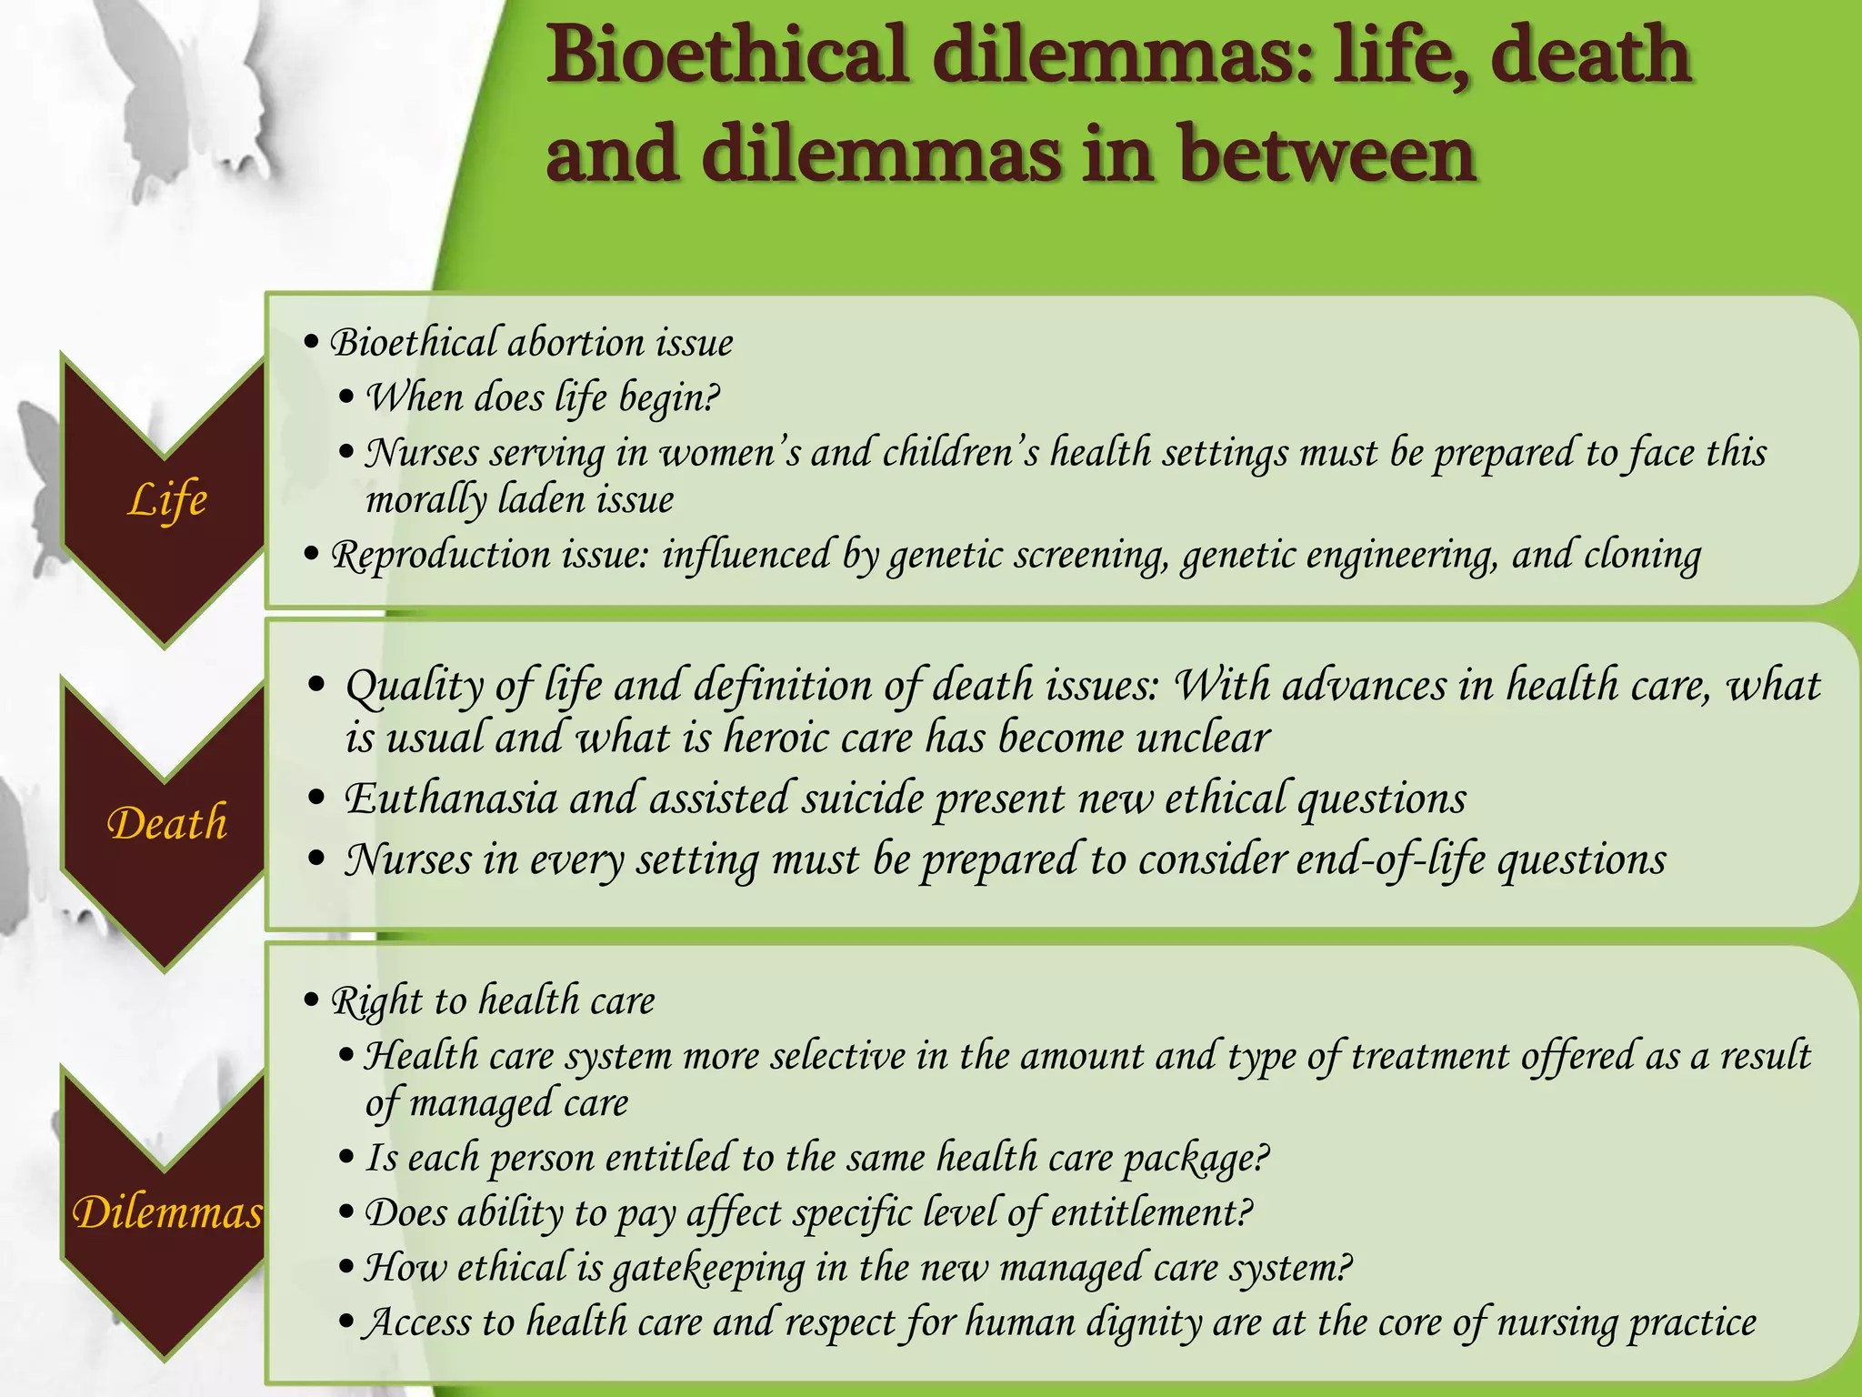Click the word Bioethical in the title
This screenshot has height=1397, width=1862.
(x=727, y=56)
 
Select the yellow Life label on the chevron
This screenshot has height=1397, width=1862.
(x=167, y=500)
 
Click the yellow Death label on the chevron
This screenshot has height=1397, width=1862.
(x=167, y=823)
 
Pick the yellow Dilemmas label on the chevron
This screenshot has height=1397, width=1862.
(x=167, y=1212)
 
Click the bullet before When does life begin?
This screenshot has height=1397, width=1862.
(x=345, y=397)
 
